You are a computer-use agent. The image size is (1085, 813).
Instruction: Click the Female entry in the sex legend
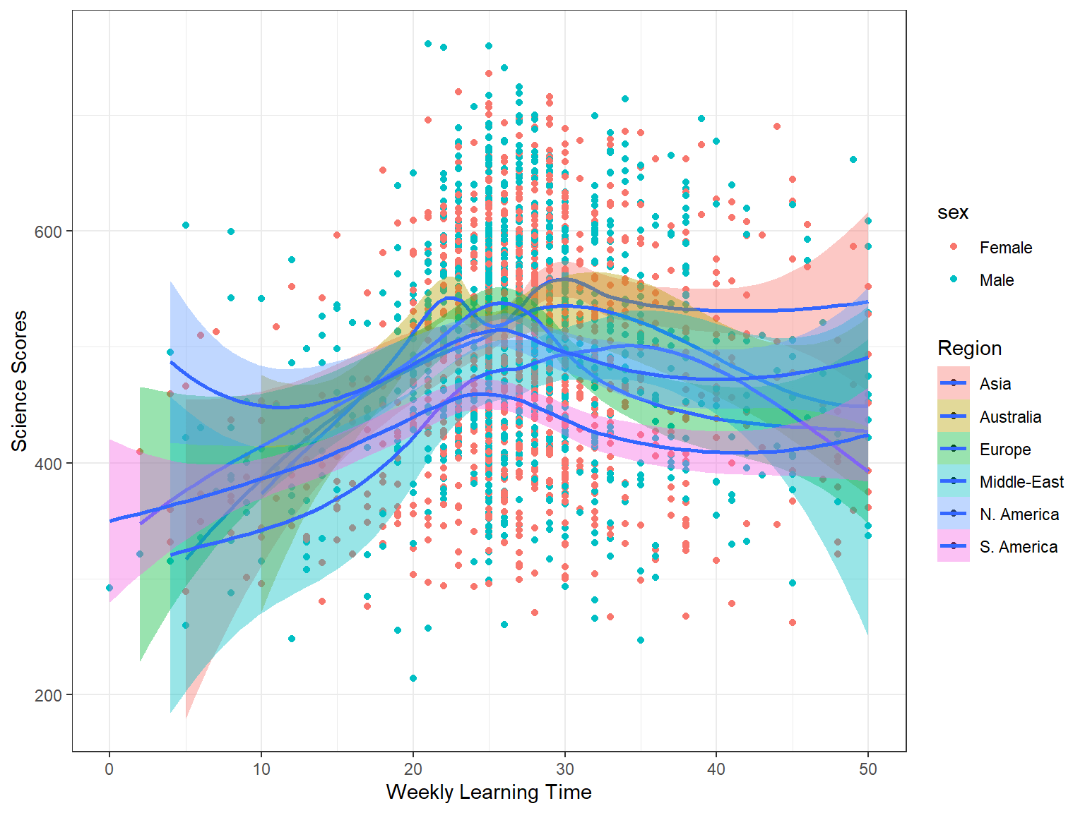tap(1005, 248)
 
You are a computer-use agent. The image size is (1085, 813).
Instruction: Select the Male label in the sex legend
tap(996, 280)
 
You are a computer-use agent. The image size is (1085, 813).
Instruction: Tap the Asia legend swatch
tap(954, 383)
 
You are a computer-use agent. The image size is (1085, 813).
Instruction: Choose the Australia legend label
tap(1010, 417)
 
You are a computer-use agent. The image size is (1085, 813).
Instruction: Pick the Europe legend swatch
tap(954, 449)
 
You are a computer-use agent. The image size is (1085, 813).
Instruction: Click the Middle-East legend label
tap(1021, 482)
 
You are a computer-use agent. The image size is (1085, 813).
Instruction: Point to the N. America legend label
tap(1019, 514)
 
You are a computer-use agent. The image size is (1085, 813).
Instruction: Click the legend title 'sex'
tap(952, 212)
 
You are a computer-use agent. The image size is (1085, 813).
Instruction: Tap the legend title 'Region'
tap(969, 348)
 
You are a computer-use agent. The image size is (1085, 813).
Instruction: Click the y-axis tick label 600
tap(48, 231)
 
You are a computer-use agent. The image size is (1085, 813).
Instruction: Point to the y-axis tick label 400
tap(48, 464)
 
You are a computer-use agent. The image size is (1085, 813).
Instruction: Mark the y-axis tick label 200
tap(48, 695)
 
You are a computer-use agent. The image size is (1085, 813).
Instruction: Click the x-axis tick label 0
tap(109, 769)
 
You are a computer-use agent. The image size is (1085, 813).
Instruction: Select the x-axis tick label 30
tap(564, 769)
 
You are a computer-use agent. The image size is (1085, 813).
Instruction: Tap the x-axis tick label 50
tap(868, 769)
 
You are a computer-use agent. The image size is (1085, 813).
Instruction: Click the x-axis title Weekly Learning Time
tap(489, 792)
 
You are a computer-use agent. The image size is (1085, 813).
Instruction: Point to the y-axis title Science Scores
tap(19, 381)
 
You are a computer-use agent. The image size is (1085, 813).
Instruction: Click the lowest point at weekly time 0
tap(109, 588)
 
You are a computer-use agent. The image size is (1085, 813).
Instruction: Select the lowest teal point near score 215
tap(413, 678)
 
